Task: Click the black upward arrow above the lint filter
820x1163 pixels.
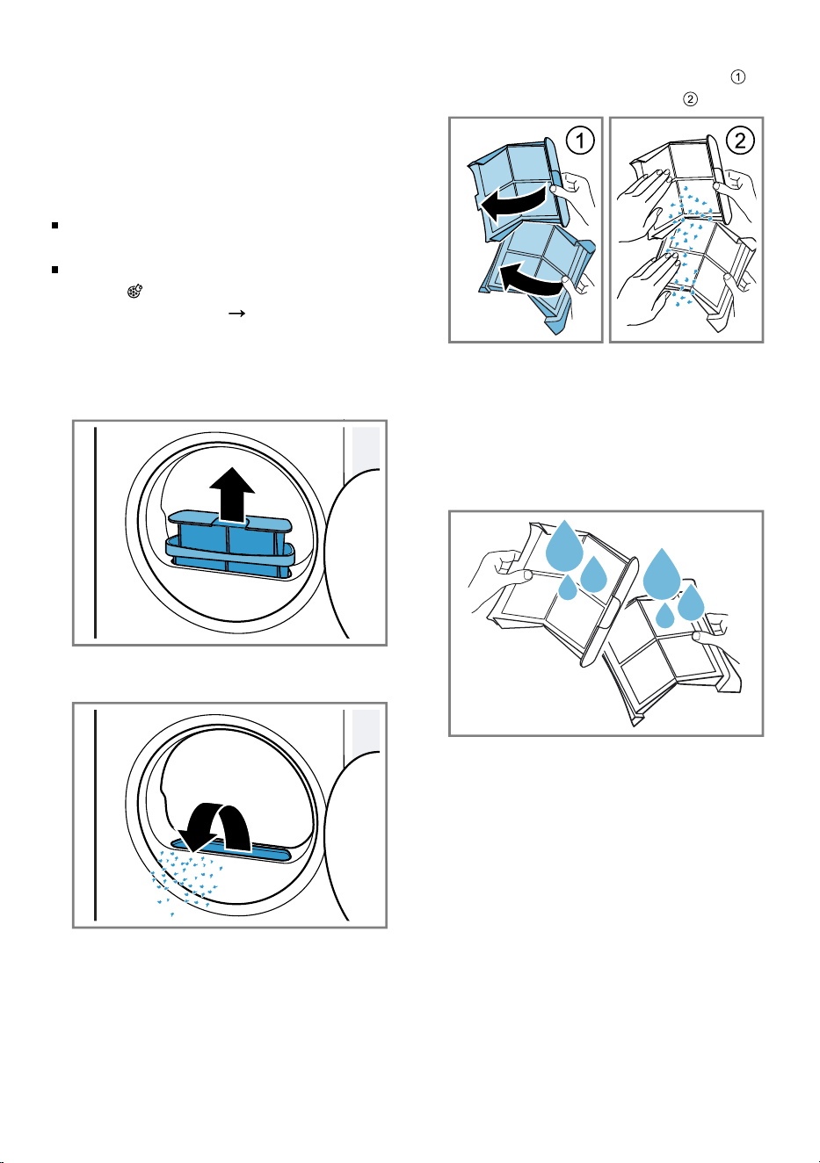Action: (232, 494)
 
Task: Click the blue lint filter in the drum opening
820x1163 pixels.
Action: (229, 545)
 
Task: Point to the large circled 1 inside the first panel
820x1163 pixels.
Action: (580, 141)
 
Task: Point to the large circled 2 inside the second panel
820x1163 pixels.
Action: (740, 141)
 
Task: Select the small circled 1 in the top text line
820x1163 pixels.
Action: (738, 76)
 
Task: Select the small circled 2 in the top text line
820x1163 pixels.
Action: (690, 98)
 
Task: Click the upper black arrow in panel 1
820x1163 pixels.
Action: (514, 204)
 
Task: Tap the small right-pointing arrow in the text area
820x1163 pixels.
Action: (236, 313)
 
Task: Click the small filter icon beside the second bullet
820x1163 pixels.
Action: (134, 292)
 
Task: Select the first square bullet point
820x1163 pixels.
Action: (54, 226)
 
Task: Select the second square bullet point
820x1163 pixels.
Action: (54, 270)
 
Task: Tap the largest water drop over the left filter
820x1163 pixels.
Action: (565, 548)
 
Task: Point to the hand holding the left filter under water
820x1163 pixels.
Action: (497, 579)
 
